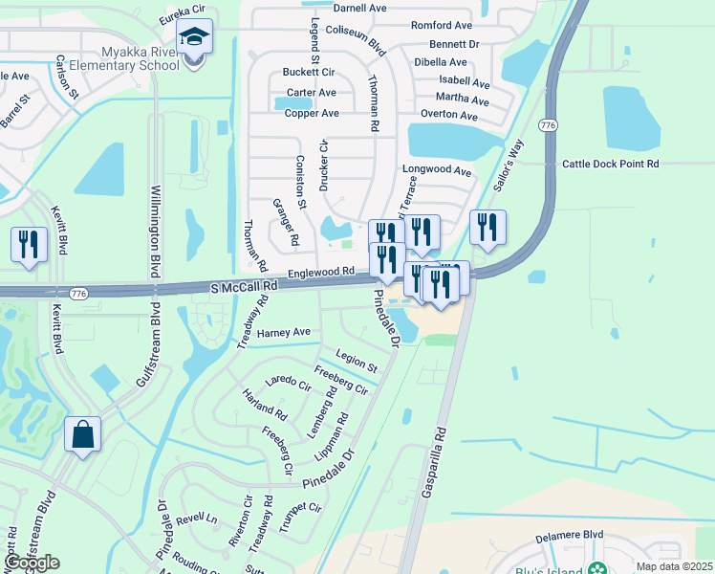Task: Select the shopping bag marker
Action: [83, 434]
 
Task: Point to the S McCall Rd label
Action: [244, 286]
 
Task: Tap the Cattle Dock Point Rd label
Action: [611, 164]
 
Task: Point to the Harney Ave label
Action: [284, 332]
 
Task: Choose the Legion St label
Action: [356, 366]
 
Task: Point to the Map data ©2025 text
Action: [675, 566]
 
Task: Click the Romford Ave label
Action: [441, 26]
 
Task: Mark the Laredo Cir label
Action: [289, 383]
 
